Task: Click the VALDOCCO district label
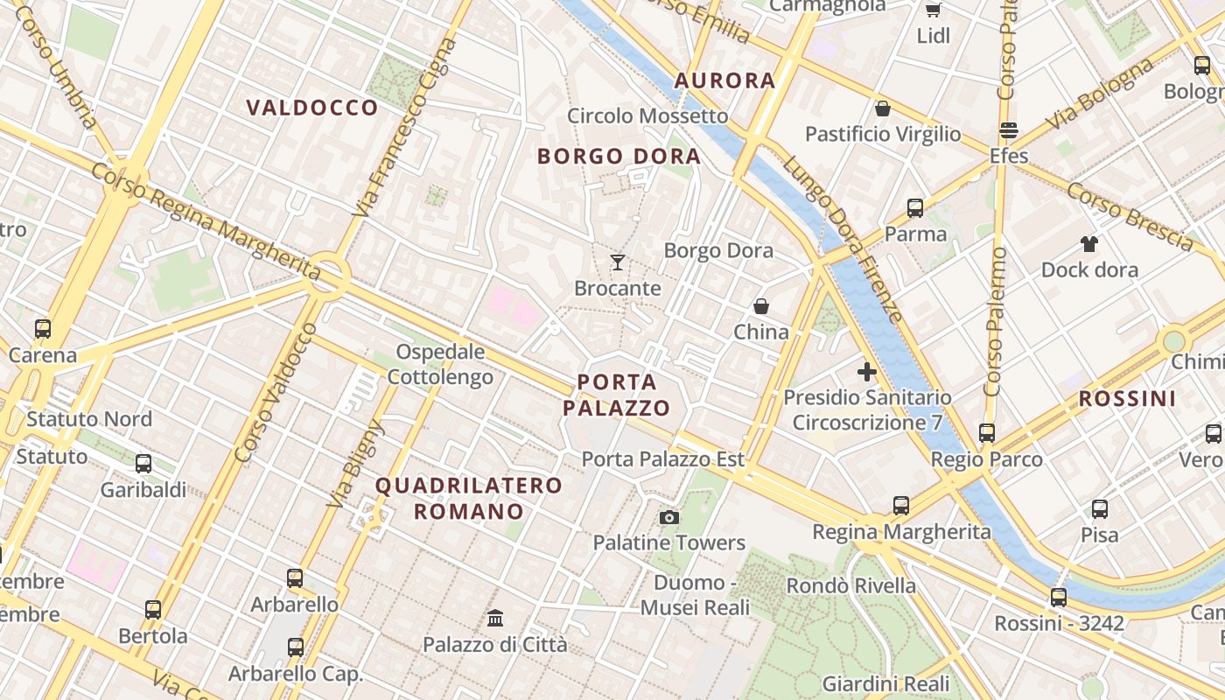pyautogui.click(x=312, y=108)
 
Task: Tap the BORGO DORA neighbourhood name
pyautogui.click(x=619, y=157)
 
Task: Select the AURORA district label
pyautogui.click(x=724, y=80)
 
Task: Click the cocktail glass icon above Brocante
pyautogui.click(x=618, y=262)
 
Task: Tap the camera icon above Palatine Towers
pyautogui.click(x=669, y=517)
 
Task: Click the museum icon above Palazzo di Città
pyautogui.click(x=495, y=619)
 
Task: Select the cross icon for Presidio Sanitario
pyautogui.click(x=867, y=372)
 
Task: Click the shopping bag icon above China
pyautogui.click(x=761, y=306)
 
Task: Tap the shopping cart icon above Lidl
pyautogui.click(x=933, y=10)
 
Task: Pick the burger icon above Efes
pyautogui.click(x=1009, y=130)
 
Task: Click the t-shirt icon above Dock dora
pyautogui.click(x=1088, y=243)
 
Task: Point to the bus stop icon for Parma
pyautogui.click(x=915, y=208)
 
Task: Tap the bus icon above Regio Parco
pyautogui.click(x=987, y=432)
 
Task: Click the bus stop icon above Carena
pyautogui.click(x=43, y=329)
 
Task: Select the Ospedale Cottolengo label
pyautogui.click(x=440, y=365)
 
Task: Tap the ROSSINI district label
pyautogui.click(x=1127, y=399)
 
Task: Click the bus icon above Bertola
pyautogui.click(x=153, y=609)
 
